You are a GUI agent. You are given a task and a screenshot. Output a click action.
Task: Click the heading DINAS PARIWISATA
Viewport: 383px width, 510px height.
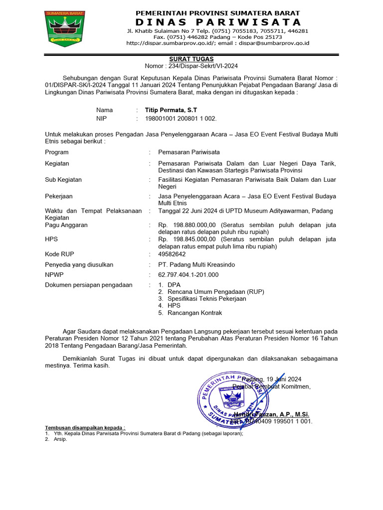point(218,22)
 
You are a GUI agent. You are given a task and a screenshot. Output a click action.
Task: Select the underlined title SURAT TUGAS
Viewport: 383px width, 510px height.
point(197,59)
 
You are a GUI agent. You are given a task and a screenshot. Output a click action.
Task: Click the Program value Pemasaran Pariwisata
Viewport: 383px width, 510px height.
point(189,152)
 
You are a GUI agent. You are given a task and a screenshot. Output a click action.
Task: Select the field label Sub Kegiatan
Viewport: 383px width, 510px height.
point(63,179)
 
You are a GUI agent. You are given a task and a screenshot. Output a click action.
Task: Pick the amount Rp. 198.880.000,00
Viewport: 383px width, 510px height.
point(187,225)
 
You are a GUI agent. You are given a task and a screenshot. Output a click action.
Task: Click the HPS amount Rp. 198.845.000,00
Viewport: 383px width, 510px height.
point(187,239)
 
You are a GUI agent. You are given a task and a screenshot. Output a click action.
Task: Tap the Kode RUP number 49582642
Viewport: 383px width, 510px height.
point(172,254)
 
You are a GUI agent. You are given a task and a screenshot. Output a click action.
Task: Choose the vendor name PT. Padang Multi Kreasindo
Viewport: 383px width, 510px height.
point(196,264)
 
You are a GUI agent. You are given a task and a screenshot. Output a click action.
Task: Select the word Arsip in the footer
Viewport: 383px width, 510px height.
point(60,439)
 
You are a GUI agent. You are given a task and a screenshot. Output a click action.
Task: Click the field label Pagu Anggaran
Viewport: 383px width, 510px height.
point(66,225)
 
